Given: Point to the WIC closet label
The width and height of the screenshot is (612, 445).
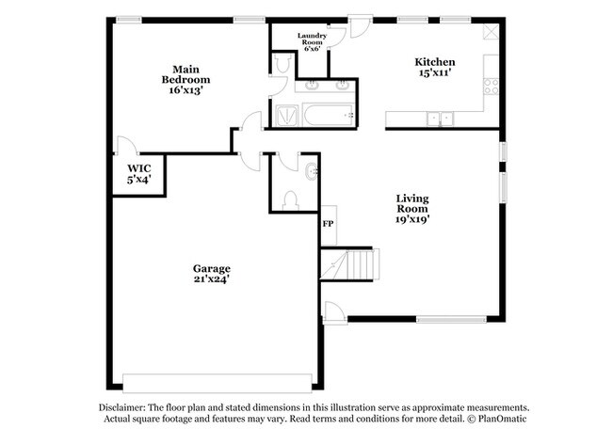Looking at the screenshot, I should (x=126, y=173).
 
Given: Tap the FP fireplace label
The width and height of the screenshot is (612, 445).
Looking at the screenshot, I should (x=329, y=224).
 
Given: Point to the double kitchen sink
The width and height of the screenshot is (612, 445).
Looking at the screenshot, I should (x=438, y=119).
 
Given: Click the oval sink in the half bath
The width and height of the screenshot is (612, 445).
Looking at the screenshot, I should (x=312, y=171).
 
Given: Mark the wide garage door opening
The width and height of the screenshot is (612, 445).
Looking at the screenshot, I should (x=216, y=380).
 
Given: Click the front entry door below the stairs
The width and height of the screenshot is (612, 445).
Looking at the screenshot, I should (x=333, y=311).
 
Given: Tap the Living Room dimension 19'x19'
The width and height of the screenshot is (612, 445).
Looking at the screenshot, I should (x=412, y=217).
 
